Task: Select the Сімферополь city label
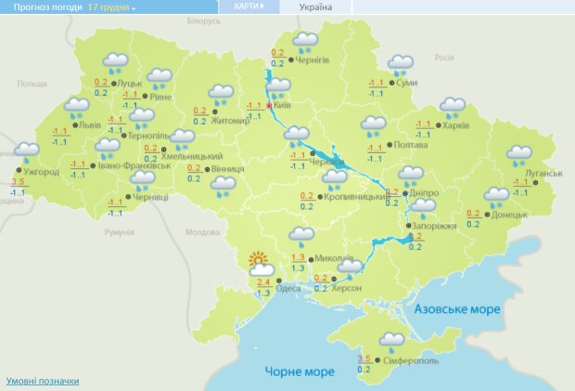click(404, 359)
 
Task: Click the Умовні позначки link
click(43, 381)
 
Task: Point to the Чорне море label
click(299, 371)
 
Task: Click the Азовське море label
click(457, 308)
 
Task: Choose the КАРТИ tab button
click(249, 7)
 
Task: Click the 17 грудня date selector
click(110, 7)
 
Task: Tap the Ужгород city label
click(40, 172)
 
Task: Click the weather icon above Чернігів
click(305, 42)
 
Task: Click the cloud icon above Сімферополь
click(392, 341)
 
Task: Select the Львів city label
click(89, 124)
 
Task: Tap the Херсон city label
click(344, 287)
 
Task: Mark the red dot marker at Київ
click(270, 107)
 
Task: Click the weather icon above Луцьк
click(116, 63)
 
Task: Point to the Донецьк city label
click(508, 215)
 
